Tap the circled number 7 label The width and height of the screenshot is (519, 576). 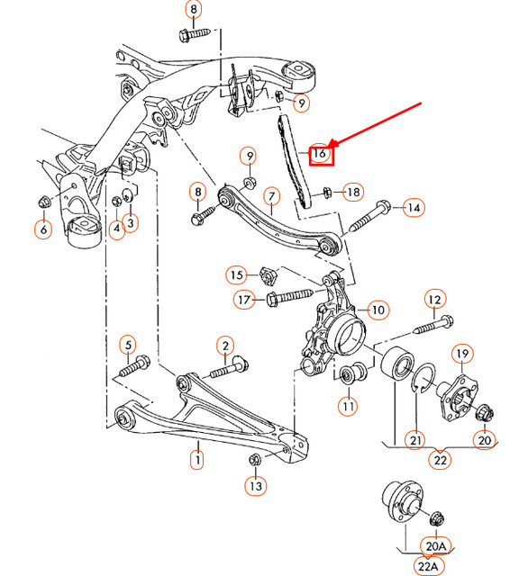point(270,195)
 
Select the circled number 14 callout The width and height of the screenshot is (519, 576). point(413,208)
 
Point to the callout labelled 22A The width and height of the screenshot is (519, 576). point(428,564)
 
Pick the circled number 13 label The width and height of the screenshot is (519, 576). point(255,487)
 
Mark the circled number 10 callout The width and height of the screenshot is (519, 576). point(377,310)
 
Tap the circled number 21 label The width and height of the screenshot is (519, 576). point(415,439)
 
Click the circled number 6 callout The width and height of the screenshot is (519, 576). point(43,229)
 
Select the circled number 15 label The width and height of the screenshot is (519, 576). point(236,274)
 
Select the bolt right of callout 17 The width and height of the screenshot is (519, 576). point(289,295)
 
